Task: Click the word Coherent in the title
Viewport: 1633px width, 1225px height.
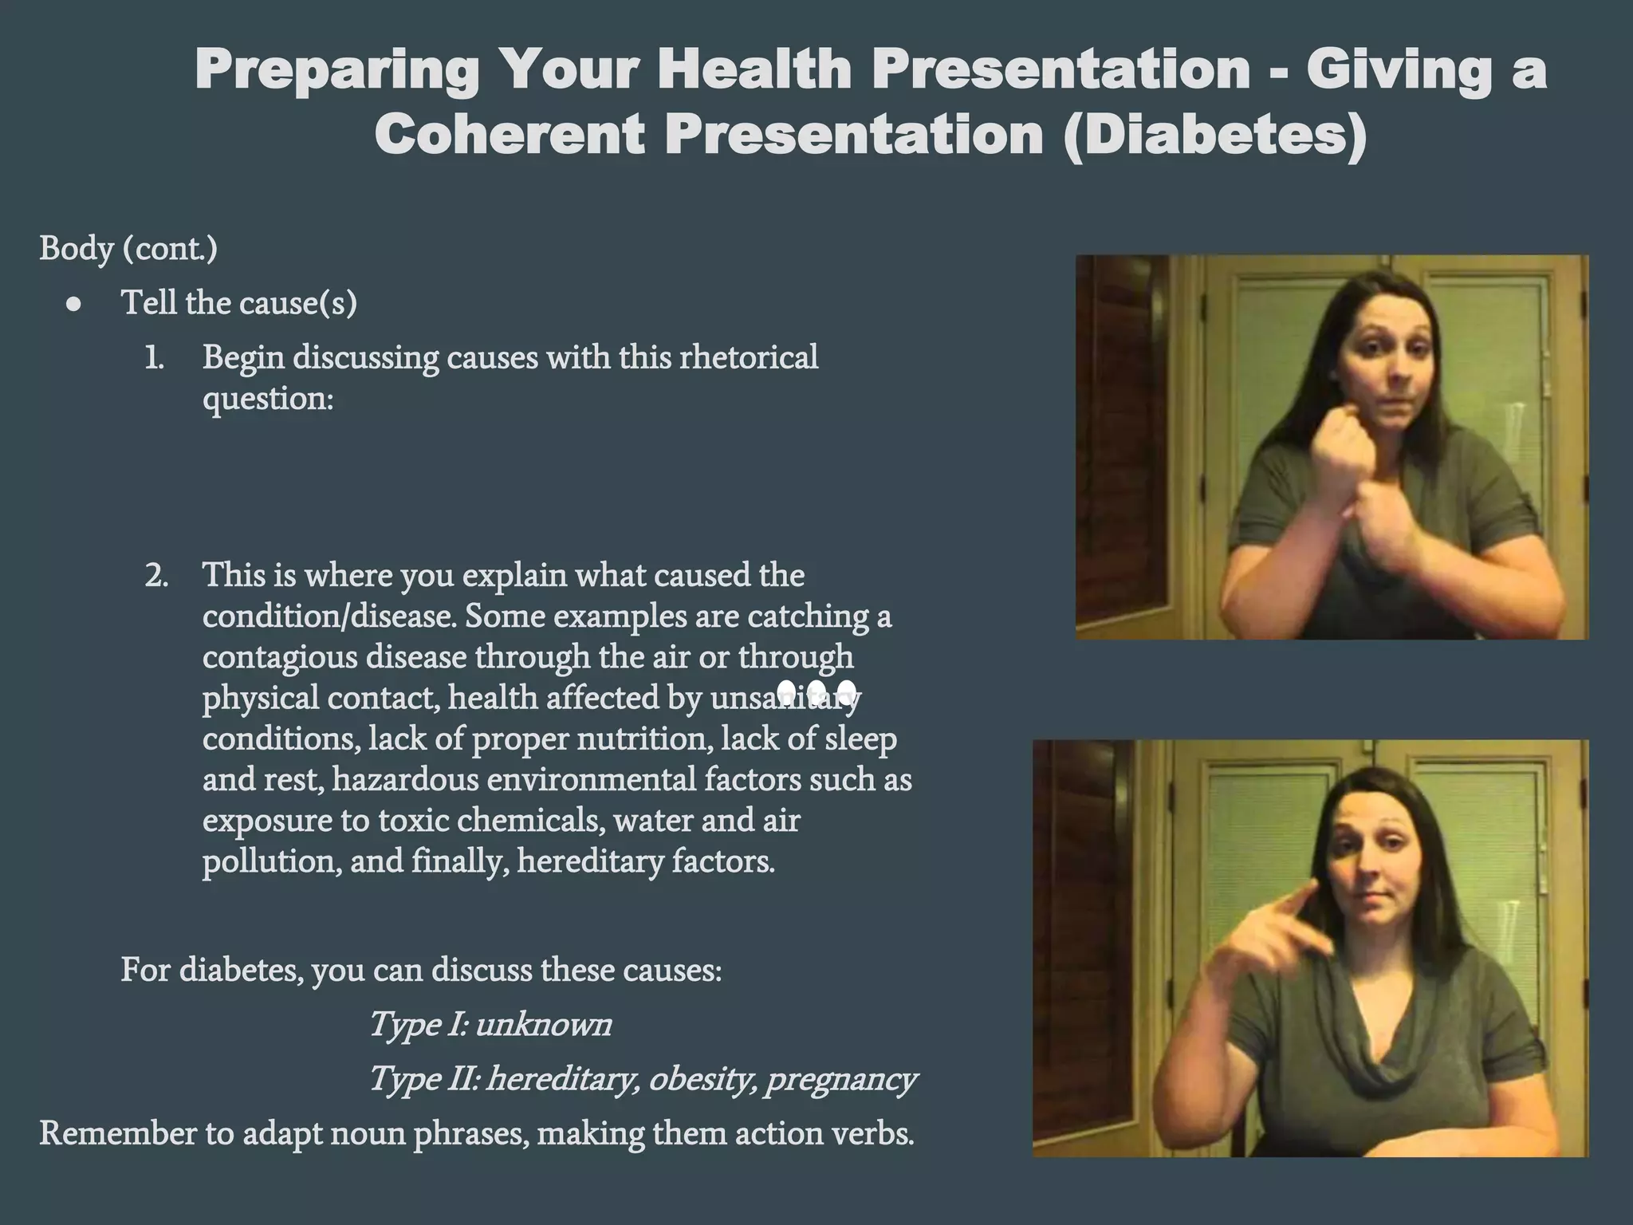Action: [509, 134]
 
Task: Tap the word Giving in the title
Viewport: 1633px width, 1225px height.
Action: [1399, 69]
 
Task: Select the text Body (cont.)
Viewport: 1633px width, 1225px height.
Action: [128, 248]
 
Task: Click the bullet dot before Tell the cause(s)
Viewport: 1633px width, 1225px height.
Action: [74, 304]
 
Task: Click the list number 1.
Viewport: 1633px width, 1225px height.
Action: [154, 358]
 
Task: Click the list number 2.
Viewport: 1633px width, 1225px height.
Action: [156, 576]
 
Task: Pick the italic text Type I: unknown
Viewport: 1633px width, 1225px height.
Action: [490, 1024]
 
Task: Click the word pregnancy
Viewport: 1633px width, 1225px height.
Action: [840, 1079]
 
